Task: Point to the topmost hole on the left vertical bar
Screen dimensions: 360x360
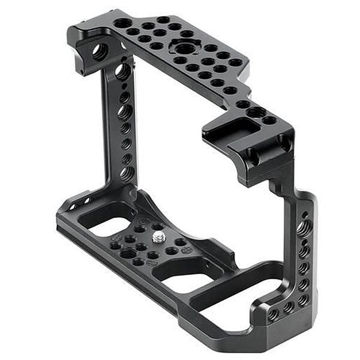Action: pyautogui.click(x=122, y=71)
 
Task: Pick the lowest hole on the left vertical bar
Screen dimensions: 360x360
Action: pyautogui.click(x=127, y=173)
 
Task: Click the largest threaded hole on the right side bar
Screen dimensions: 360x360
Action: pyautogui.click(x=304, y=229)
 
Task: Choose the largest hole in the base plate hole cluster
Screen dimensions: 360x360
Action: pyautogui.click(x=128, y=253)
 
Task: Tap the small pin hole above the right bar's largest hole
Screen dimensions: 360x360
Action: pyautogui.click(x=304, y=214)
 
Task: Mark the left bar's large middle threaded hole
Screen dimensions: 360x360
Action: pyautogui.click(x=125, y=112)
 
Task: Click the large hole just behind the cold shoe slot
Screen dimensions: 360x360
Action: pyautogui.click(x=256, y=112)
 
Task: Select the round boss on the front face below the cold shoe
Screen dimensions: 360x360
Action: pyautogui.click(x=251, y=157)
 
